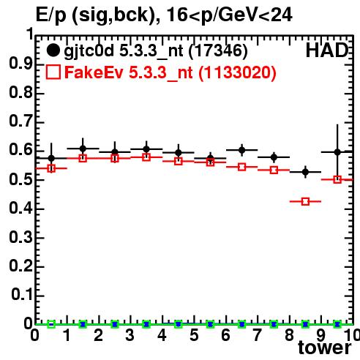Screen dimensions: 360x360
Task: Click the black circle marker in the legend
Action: tap(53, 50)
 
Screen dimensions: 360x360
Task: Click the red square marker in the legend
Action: tap(53, 72)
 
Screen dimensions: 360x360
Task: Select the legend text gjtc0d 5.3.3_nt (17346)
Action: tap(156, 51)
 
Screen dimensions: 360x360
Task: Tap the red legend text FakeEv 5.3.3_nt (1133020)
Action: tap(170, 72)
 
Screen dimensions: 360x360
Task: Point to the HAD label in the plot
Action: tap(327, 50)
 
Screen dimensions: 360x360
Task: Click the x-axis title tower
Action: tap(325, 348)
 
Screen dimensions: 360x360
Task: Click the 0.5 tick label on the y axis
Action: tap(20, 179)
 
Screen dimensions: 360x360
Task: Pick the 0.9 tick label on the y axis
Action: tap(20, 64)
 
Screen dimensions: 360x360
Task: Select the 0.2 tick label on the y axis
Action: tap(20, 266)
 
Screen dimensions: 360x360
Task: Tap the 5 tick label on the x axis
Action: tap(194, 335)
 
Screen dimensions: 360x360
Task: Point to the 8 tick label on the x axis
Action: tap(289, 335)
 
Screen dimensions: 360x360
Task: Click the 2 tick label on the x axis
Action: tap(98, 335)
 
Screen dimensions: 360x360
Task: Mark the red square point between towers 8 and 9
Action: tap(305, 201)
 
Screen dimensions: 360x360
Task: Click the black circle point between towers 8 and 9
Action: tap(305, 172)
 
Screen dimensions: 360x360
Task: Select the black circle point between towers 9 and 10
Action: tap(337, 152)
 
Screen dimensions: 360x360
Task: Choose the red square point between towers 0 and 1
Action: tap(51, 168)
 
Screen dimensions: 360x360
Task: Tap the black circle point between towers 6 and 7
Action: tap(242, 150)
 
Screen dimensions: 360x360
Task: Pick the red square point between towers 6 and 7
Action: tap(242, 167)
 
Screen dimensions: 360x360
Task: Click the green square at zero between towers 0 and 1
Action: tap(51, 324)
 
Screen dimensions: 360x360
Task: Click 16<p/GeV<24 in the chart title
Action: tap(230, 15)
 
